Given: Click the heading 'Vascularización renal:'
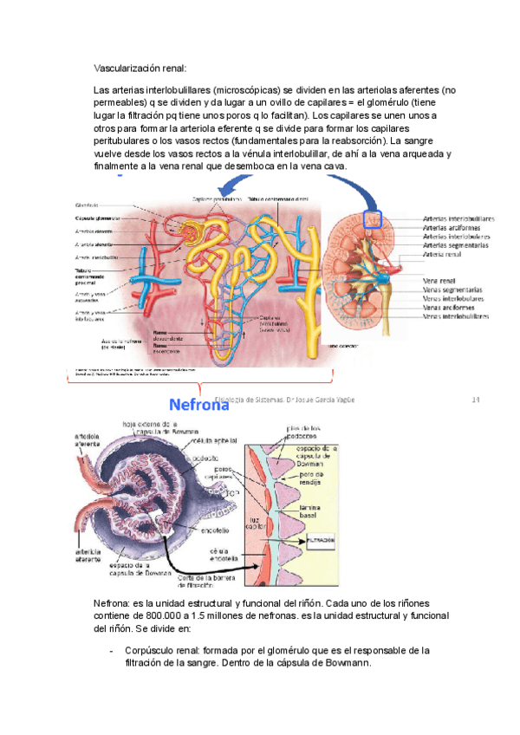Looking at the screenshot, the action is (140, 68).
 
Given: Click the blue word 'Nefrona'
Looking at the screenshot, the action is (198, 404).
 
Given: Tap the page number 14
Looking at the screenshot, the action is (474, 400).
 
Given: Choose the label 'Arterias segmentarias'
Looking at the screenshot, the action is (457, 245).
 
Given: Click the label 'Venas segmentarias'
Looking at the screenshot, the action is (453, 289).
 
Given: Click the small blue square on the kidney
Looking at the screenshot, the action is (374, 219).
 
